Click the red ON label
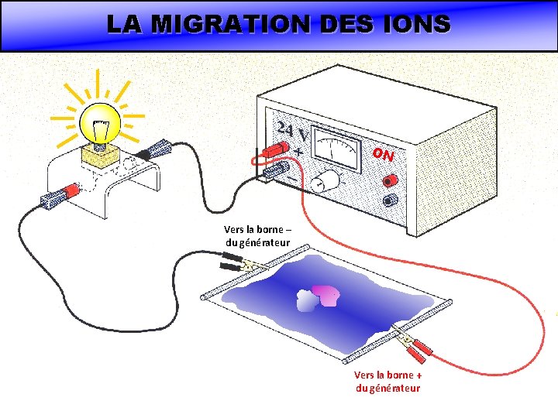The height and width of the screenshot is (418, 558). (x=383, y=155)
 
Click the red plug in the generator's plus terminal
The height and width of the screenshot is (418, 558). (x=275, y=149)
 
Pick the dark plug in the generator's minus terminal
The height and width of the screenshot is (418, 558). (x=276, y=171)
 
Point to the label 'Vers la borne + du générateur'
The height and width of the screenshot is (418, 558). (x=387, y=382)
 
